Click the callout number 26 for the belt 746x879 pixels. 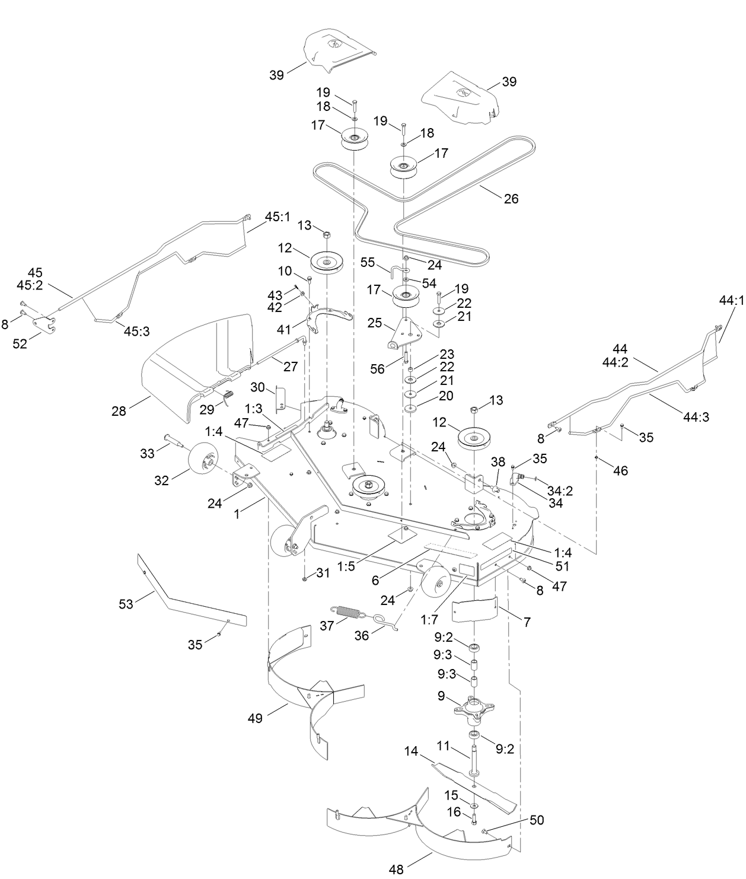[x=511, y=199]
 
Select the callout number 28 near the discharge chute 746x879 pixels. [x=119, y=410]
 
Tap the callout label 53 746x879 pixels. [x=126, y=604]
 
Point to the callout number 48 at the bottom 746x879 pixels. [x=396, y=870]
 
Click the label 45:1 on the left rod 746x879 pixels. [x=278, y=217]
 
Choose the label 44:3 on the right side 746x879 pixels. [x=696, y=417]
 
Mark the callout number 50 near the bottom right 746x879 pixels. [x=536, y=820]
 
